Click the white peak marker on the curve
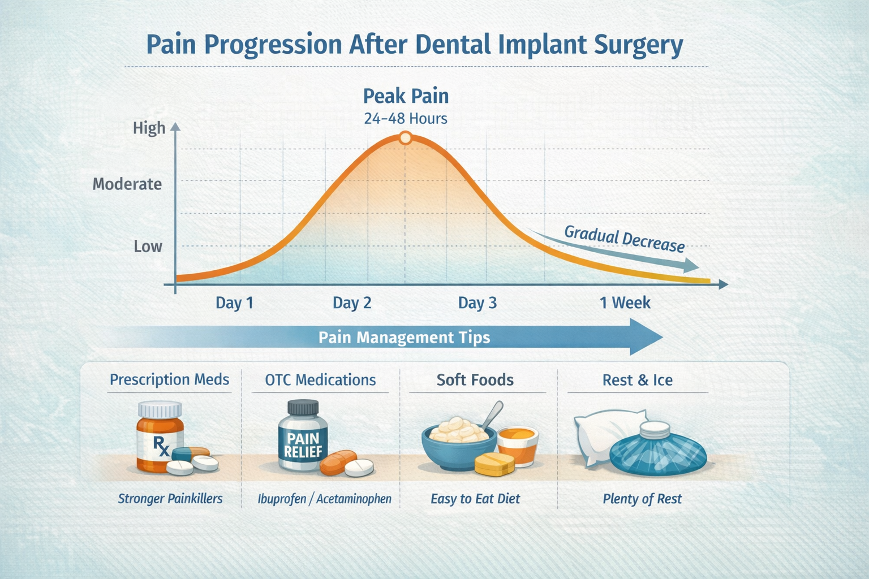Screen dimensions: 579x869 (405, 137)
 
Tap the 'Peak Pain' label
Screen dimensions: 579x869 (406, 96)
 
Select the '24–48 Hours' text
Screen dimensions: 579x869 (406, 119)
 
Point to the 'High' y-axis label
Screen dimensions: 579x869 (149, 128)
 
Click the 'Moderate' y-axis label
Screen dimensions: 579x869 (127, 184)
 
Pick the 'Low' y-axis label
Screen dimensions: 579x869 (148, 247)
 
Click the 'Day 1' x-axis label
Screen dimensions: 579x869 (234, 303)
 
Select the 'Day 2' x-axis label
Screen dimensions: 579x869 (352, 303)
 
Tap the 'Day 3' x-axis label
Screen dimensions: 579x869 (477, 303)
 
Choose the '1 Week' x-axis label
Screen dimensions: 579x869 (625, 303)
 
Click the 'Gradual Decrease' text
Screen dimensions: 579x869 (624, 239)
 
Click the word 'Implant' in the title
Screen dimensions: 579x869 (543, 45)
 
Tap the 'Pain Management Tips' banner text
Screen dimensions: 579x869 (404, 338)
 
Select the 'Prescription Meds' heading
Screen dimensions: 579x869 (169, 379)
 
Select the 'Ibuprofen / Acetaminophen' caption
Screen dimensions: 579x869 (324, 499)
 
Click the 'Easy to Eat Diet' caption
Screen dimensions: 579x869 (475, 499)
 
